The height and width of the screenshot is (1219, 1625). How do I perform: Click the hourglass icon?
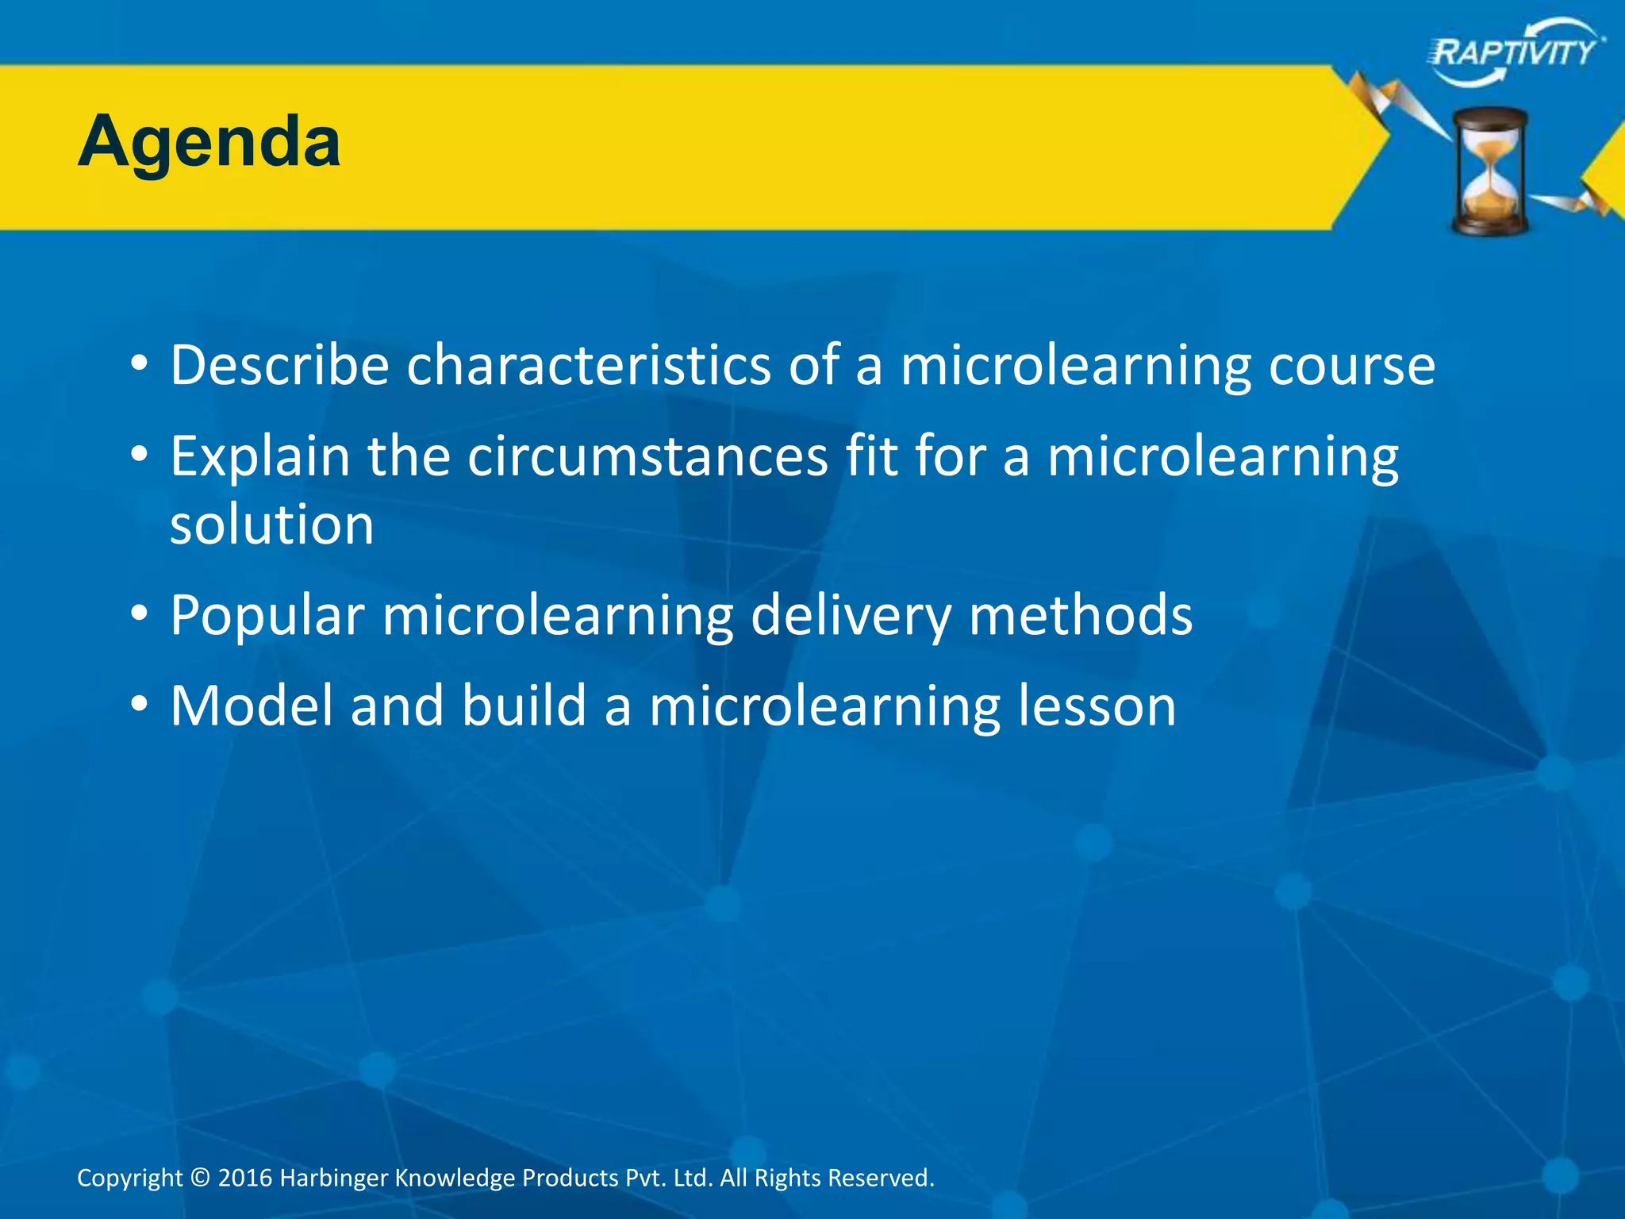click(x=1490, y=171)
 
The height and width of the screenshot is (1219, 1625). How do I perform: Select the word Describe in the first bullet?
click(x=279, y=365)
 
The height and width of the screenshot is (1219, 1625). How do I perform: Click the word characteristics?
click(x=588, y=365)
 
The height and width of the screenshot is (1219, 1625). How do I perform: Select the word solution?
click(x=272, y=525)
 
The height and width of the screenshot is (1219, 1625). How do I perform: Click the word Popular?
click(x=267, y=616)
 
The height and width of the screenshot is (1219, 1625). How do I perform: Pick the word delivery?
click(x=850, y=616)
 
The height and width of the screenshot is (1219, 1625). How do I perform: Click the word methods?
click(x=1081, y=616)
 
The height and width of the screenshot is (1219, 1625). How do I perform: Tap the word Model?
click(x=252, y=706)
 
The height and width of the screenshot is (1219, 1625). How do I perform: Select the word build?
click(x=524, y=706)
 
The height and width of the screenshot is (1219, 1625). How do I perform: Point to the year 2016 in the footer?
click(x=245, y=1178)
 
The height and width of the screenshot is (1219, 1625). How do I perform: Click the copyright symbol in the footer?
click(x=201, y=1178)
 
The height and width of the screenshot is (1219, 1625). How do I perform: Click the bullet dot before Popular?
click(x=140, y=613)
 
